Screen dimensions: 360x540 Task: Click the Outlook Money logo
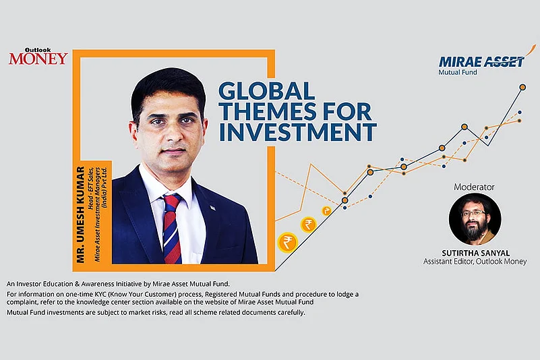pyautogui.click(x=38, y=56)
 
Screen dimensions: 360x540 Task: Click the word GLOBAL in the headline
pyautogui.click(x=267, y=90)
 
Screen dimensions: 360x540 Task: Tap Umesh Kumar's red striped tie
pyautogui.click(x=172, y=229)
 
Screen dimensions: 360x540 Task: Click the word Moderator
pyautogui.click(x=475, y=186)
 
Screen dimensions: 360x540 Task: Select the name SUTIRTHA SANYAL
pyautogui.click(x=475, y=251)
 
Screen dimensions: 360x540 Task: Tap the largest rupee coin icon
pyautogui.click(x=287, y=240)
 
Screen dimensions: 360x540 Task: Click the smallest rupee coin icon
pyautogui.click(x=327, y=211)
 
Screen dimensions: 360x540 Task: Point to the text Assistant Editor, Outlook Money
pyautogui.click(x=475, y=262)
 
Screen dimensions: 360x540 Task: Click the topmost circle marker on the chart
pyautogui.click(x=522, y=87)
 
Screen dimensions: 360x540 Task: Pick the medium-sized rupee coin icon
pyautogui.click(x=307, y=224)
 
